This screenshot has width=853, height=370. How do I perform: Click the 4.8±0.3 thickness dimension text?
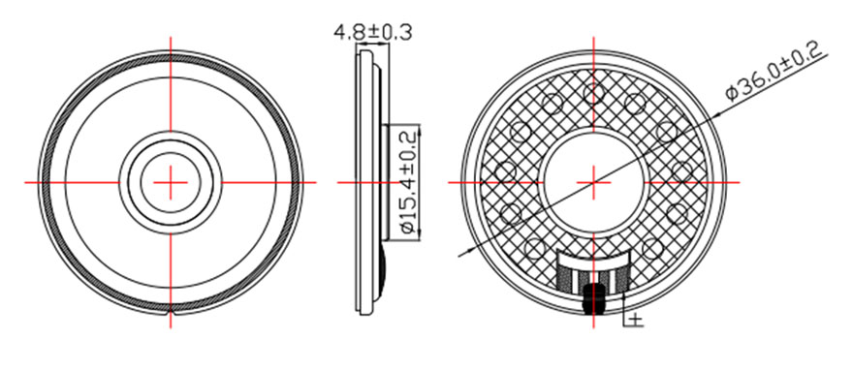pyautogui.click(x=372, y=32)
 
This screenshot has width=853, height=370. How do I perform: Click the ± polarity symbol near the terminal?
pyautogui.click(x=637, y=318)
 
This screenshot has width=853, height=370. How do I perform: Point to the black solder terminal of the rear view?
pyautogui.click(x=593, y=299)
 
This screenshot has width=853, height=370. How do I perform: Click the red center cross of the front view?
pyautogui.click(x=171, y=182)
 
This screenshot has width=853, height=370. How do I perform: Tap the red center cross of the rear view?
pyautogui.click(x=593, y=182)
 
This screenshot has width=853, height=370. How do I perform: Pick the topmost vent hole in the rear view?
pyautogui.click(x=593, y=93)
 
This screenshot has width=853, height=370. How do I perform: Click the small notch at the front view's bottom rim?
pyautogui.click(x=171, y=314)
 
